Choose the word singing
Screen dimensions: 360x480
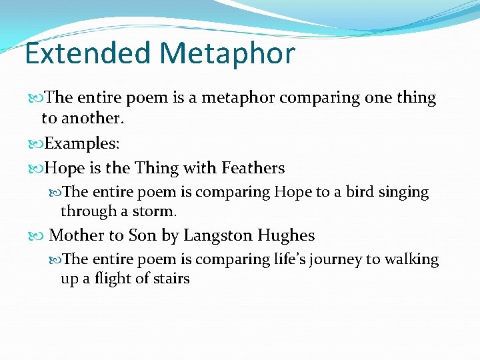[x=404, y=193]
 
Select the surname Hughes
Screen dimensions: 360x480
[x=287, y=235]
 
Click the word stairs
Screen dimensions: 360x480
[x=172, y=278]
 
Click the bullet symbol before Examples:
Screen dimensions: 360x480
[x=37, y=144]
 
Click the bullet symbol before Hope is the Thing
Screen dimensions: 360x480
[x=37, y=169]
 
